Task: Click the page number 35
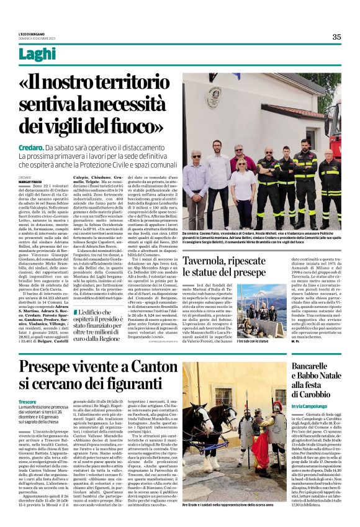[336, 37]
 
